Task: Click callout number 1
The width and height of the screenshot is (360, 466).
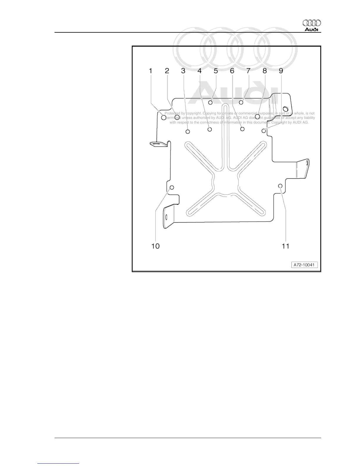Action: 151,71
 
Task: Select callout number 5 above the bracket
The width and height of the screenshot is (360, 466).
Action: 216,71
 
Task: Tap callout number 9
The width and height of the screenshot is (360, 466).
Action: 281,71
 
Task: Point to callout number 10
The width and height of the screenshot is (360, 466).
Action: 155,246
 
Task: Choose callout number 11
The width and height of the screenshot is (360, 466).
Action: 286,246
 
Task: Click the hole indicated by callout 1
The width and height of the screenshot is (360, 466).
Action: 164,118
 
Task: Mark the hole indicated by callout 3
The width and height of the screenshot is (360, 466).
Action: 188,132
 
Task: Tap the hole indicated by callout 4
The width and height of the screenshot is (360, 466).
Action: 210,129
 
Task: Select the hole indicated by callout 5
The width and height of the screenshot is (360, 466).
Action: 210,102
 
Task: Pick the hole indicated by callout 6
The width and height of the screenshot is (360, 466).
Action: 242,129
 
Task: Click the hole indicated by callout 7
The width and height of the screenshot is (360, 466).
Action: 241,102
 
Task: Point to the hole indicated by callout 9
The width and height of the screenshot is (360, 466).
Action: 264,131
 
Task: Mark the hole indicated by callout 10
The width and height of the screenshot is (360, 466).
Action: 172,187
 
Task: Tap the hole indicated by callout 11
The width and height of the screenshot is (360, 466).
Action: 280,186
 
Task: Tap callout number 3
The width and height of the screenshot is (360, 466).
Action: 183,71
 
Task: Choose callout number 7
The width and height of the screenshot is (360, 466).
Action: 248,71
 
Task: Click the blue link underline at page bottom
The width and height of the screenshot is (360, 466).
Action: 58,464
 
